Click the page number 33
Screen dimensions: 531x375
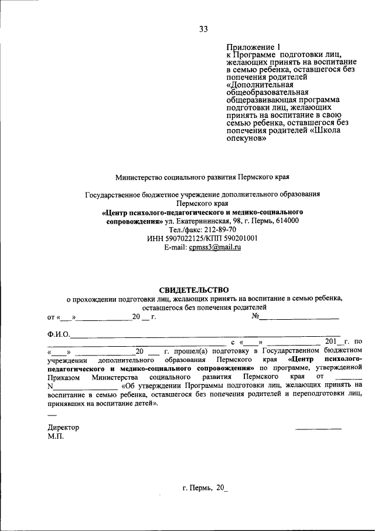tap(203, 29)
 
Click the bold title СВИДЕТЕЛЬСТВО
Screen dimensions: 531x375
tap(194, 289)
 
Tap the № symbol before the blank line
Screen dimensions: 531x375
tap(255, 317)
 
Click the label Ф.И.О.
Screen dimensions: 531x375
tap(59, 334)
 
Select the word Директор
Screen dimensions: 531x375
tap(63, 427)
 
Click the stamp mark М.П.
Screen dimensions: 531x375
tap(56, 437)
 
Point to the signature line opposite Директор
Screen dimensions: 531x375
tap(318, 429)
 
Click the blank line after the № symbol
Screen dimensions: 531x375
tap(299, 318)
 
